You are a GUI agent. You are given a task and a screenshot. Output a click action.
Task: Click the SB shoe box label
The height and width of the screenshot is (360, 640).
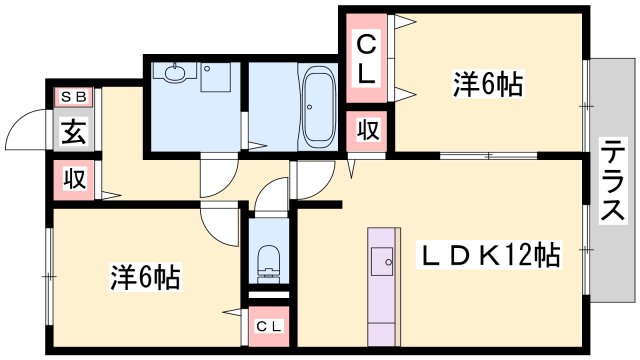[x=74, y=97]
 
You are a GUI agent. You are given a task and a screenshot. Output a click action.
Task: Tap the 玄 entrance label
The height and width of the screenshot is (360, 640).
[x=74, y=131]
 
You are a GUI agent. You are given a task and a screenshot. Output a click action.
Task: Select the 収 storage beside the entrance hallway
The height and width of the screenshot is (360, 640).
[x=74, y=179]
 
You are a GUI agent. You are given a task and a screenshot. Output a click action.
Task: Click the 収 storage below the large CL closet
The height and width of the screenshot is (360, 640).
[x=368, y=130]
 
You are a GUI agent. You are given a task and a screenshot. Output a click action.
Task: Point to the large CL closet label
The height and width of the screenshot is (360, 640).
[x=367, y=58]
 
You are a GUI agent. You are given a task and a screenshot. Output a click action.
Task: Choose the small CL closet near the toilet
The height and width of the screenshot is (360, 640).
[x=269, y=326]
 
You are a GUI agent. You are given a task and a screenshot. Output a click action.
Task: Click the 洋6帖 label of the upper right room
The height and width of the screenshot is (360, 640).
[x=488, y=84]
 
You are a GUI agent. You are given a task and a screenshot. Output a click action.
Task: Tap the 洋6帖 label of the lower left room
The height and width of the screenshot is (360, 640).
[x=145, y=277]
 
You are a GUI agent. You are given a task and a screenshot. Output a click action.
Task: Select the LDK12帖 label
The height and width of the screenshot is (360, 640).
[x=489, y=255]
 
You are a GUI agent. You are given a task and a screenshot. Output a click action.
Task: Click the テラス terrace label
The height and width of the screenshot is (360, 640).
[x=613, y=180]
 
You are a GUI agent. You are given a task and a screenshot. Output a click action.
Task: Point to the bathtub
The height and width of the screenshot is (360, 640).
[x=318, y=107]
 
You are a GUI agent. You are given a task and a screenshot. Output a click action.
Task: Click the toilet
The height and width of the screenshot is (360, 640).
[x=269, y=264]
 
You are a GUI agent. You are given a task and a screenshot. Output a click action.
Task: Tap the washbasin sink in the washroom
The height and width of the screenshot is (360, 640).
[x=175, y=73]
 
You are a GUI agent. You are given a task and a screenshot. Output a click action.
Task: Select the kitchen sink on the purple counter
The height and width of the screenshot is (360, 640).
[x=382, y=261]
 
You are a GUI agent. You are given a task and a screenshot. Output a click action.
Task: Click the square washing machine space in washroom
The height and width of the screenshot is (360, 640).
[x=216, y=77]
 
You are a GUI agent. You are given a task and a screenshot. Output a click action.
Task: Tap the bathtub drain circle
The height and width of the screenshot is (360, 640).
[x=310, y=107]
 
